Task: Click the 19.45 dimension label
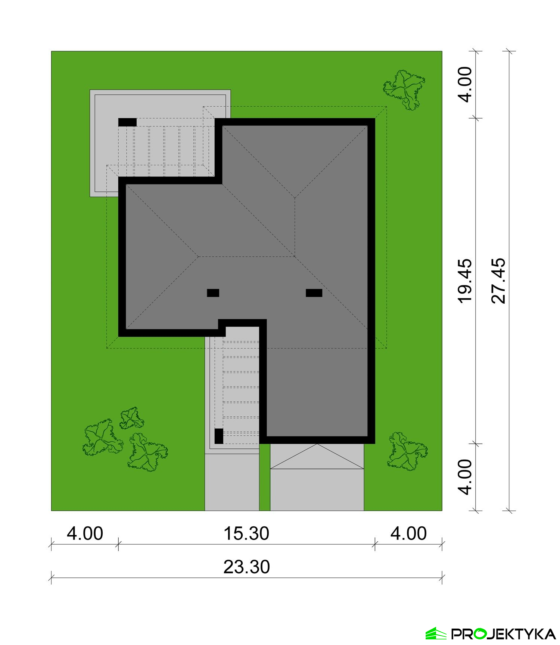click(466, 281)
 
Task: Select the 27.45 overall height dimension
click(499, 281)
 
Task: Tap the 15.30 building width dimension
click(246, 533)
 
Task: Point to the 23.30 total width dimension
click(246, 567)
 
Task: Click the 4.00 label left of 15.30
click(85, 533)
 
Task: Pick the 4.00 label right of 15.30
click(408, 533)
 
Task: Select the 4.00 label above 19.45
click(466, 84)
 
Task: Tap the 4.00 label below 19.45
click(466, 477)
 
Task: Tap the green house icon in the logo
click(436, 633)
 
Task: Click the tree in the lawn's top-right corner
click(404, 90)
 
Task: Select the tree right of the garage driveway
click(407, 451)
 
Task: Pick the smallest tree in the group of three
click(132, 418)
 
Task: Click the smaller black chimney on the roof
click(213, 293)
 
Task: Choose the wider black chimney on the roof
click(314, 293)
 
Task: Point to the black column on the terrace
click(127, 122)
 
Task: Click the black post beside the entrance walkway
click(219, 436)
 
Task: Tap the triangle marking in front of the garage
click(317, 457)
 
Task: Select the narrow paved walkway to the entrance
click(232, 482)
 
